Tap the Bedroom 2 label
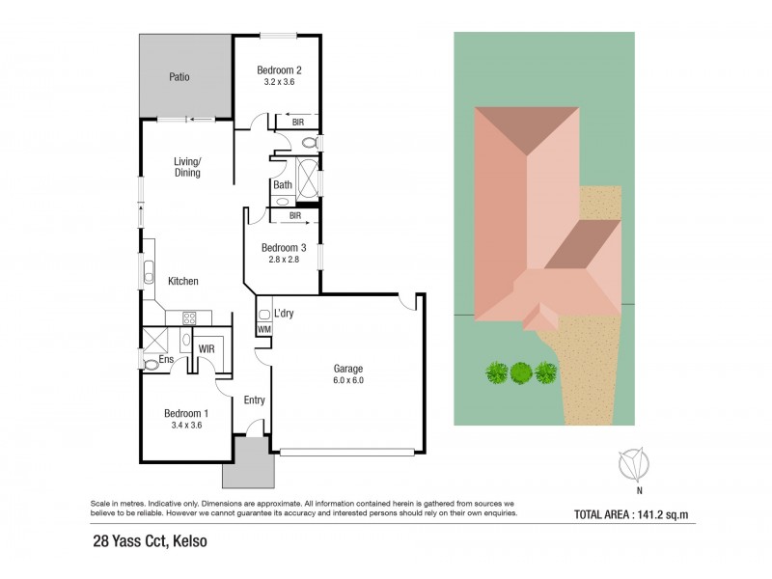click(x=279, y=69)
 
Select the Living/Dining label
click(x=187, y=167)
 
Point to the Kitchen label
click(x=183, y=282)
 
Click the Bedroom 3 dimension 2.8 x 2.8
click(x=280, y=260)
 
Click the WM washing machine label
click(x=263, y=330)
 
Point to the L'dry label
click(x=284, y=314)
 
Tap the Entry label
click(x=254, y=400)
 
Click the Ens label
click(x=166, y=361)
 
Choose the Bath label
click(x=283, y=185)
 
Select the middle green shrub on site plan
click(x=521, y=372)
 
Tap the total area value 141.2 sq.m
click(x=652, y=512)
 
